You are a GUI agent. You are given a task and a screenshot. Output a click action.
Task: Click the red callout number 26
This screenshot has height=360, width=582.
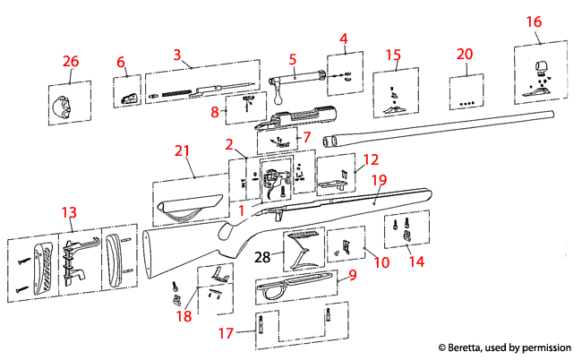pyautogui.click(x=70, y=61)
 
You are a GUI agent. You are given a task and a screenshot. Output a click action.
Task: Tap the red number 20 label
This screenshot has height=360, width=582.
pyautogui.click(x=464, y=54)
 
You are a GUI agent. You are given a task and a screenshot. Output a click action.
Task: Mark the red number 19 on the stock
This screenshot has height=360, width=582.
pyautogui.click(x=379, y=180)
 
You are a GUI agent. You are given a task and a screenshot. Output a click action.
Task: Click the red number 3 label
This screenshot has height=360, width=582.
pyautogui.click(x=178, y=55)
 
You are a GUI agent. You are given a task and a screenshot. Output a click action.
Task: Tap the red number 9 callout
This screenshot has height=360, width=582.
pyautogui.click(x=352, y=277)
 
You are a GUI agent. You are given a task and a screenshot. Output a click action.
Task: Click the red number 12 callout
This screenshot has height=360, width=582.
pyautogui.click(x=370, y=158)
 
